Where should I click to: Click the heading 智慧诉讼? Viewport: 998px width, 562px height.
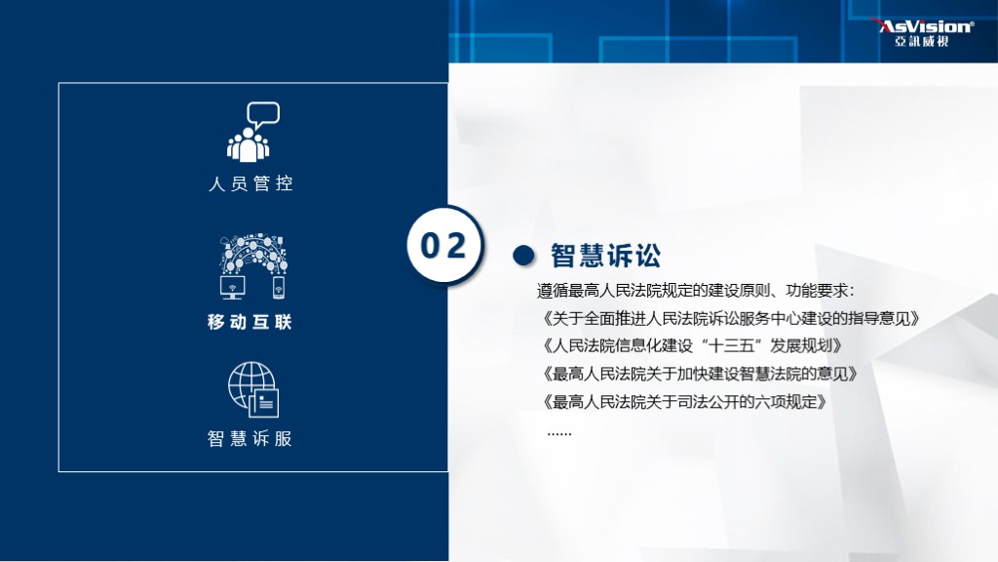[605, 256]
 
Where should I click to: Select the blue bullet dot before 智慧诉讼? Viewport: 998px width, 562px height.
[523, 256]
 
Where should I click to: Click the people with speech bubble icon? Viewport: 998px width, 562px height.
[250, 132]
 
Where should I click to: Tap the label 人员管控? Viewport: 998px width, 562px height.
[250, 183]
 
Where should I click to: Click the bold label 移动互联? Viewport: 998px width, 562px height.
[250, 322]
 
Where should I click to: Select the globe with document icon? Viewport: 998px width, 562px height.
[252, 389]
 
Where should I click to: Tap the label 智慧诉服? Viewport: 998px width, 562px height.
[250, 439]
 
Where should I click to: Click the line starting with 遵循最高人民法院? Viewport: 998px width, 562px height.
[695, 291]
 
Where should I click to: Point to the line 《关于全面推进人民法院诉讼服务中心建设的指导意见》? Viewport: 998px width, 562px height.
[729, 318]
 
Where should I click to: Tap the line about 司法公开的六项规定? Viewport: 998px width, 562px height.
[683, 400]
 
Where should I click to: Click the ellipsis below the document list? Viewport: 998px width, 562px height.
[559, 431]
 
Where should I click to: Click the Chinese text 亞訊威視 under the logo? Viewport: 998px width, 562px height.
[921, 41]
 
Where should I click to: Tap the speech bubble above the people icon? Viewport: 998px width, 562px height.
[263, 114]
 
